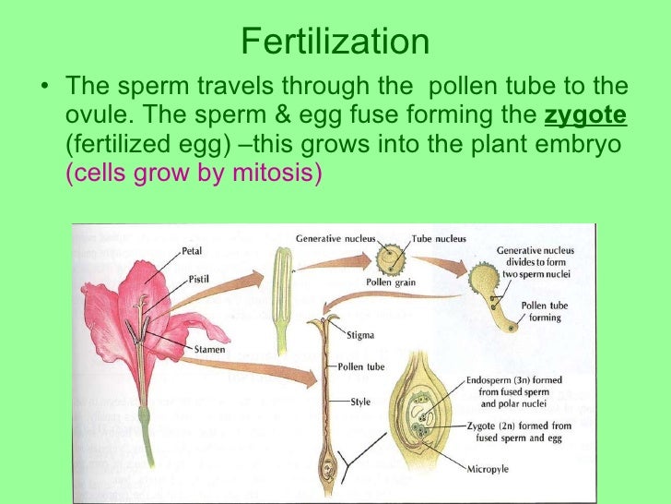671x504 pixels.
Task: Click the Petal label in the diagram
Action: point(193,250)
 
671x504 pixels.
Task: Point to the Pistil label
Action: point(197,277)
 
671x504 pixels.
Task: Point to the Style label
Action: point(360,402)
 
